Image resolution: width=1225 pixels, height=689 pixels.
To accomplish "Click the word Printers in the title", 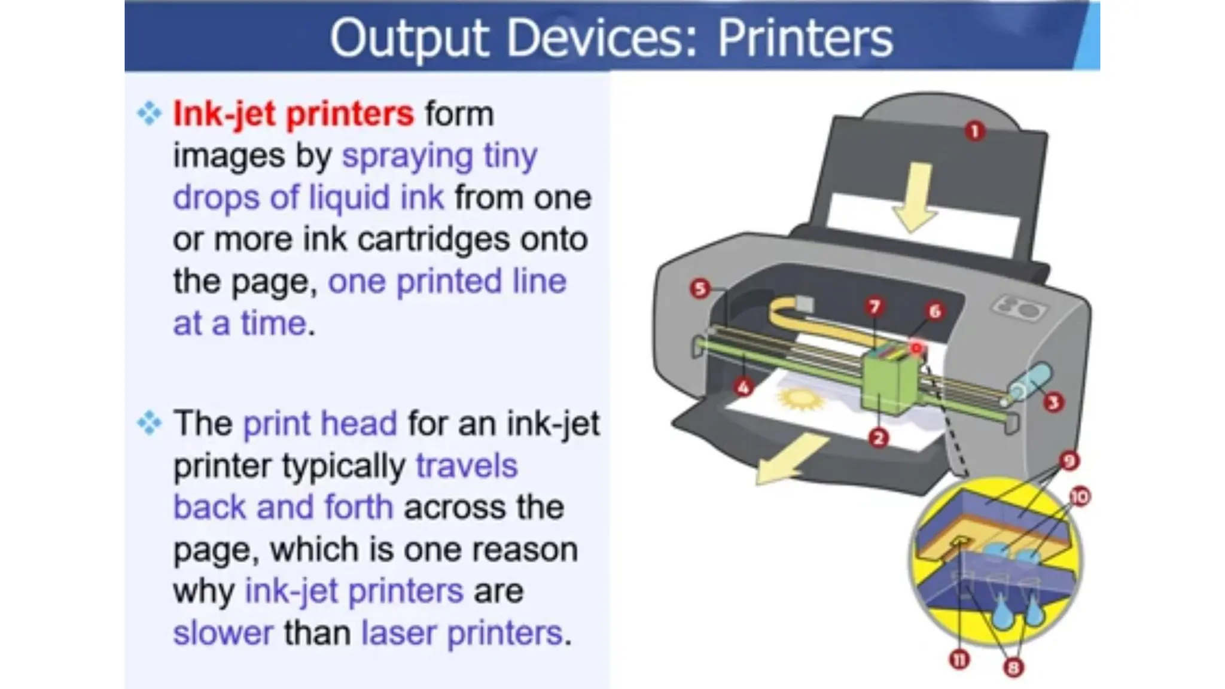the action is (805, 38).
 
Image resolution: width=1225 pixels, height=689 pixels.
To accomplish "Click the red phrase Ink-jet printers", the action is (293, 114).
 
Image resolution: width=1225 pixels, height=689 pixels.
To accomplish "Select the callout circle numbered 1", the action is (975, 131).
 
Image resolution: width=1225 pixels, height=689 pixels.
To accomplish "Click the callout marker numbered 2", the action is (878, 438).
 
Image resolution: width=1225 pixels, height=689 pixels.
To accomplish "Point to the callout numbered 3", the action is (1053, 403).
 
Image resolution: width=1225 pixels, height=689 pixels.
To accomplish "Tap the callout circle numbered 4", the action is (743, 388).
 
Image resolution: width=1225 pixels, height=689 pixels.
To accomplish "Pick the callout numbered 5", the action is (700, 289).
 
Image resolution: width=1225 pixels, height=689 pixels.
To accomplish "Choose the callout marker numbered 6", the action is (935, 311).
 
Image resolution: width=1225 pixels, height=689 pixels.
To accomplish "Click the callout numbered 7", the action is (874, 307).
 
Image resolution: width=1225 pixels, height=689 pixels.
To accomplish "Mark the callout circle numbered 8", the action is (1013, 667).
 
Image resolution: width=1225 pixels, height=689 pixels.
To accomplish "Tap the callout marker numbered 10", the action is (1080, 496).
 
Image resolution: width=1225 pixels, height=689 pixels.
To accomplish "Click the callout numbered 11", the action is (959, 660).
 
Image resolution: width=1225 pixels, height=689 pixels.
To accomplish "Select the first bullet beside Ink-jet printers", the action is (150, 113).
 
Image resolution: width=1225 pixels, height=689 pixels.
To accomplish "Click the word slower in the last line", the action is (223, 633).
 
